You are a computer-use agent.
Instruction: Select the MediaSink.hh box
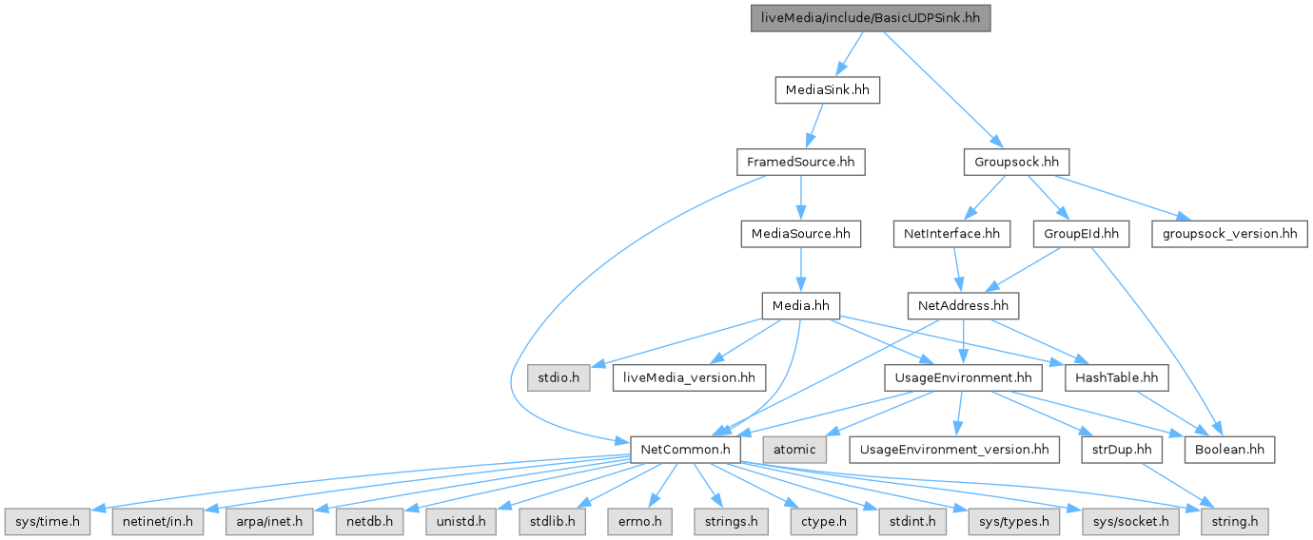826,90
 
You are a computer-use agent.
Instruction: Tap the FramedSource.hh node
800,162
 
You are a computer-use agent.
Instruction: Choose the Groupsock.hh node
1016,162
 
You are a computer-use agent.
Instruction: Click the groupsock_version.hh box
1229,233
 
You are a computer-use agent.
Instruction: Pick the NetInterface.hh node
950,233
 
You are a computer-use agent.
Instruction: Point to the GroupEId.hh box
1080,233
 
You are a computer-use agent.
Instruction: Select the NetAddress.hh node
963,305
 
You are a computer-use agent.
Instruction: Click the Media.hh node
801,305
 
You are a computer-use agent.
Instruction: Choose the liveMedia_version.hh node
689,377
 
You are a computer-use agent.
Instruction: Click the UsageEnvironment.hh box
963,377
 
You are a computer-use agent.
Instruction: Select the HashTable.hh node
1117,377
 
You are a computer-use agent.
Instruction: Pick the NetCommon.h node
685,449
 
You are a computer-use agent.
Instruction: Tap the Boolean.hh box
1228,449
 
